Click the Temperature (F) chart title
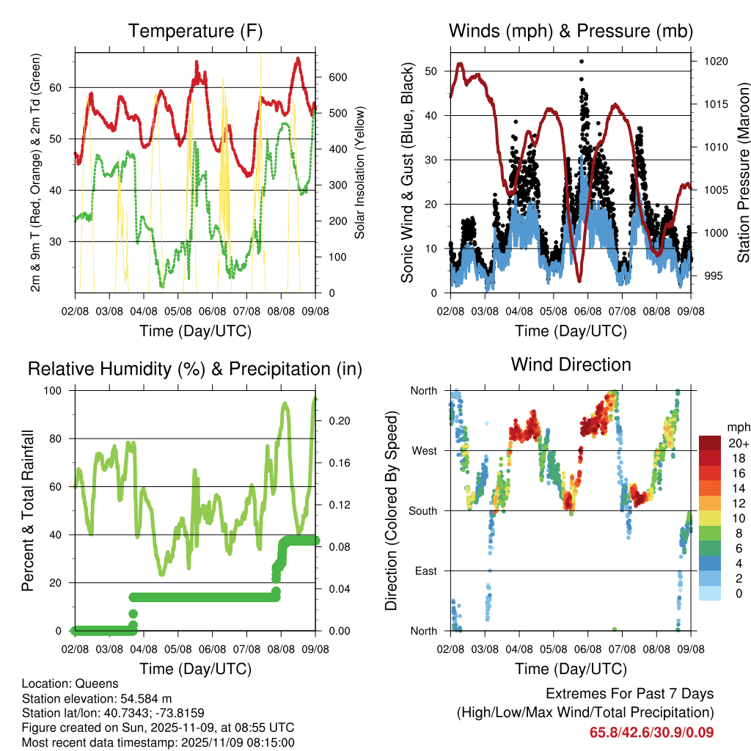195,31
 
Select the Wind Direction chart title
571,364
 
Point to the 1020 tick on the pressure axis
715,62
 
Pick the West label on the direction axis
423,451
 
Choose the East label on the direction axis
425,571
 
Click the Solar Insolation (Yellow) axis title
360,173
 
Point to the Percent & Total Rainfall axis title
27,510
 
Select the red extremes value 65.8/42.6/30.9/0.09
651,732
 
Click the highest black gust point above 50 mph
582,62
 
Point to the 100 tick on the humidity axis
59,391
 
